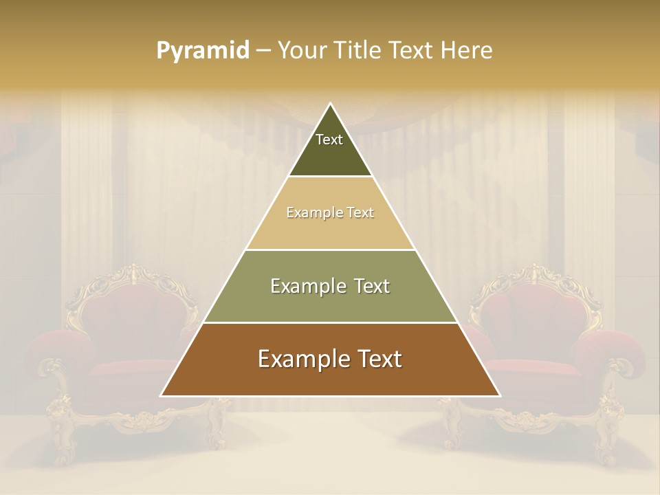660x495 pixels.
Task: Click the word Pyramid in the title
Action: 202,51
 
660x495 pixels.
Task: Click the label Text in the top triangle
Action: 329,140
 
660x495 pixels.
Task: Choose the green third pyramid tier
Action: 330,302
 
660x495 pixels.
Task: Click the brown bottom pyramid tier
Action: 330,378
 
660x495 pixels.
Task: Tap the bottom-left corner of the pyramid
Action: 162,395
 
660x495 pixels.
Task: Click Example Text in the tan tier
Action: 330,213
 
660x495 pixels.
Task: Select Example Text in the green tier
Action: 330,286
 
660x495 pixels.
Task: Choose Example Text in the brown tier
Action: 330,359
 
